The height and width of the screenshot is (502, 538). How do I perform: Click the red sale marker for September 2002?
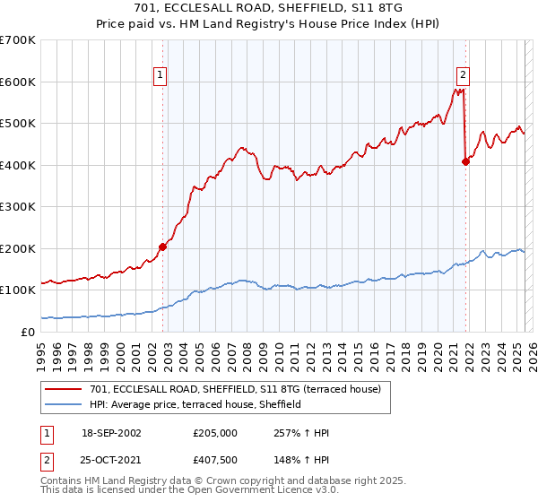coord(163,247)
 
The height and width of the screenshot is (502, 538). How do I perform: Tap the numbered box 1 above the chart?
coord(160,75)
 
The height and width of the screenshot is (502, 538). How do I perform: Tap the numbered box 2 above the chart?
coord(463,75)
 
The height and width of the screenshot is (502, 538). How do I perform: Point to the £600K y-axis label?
coord(18,82)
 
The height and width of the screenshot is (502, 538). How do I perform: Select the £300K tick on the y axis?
coord(18,207)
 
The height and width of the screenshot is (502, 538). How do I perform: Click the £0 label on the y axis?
coord(27,332)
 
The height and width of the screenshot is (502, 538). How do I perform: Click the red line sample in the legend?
coord(64,389)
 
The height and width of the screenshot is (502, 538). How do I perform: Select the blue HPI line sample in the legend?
coord(64,404)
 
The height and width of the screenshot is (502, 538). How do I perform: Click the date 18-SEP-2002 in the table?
coord(111,433)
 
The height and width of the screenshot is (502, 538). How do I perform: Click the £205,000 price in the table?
coord(215,433)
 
